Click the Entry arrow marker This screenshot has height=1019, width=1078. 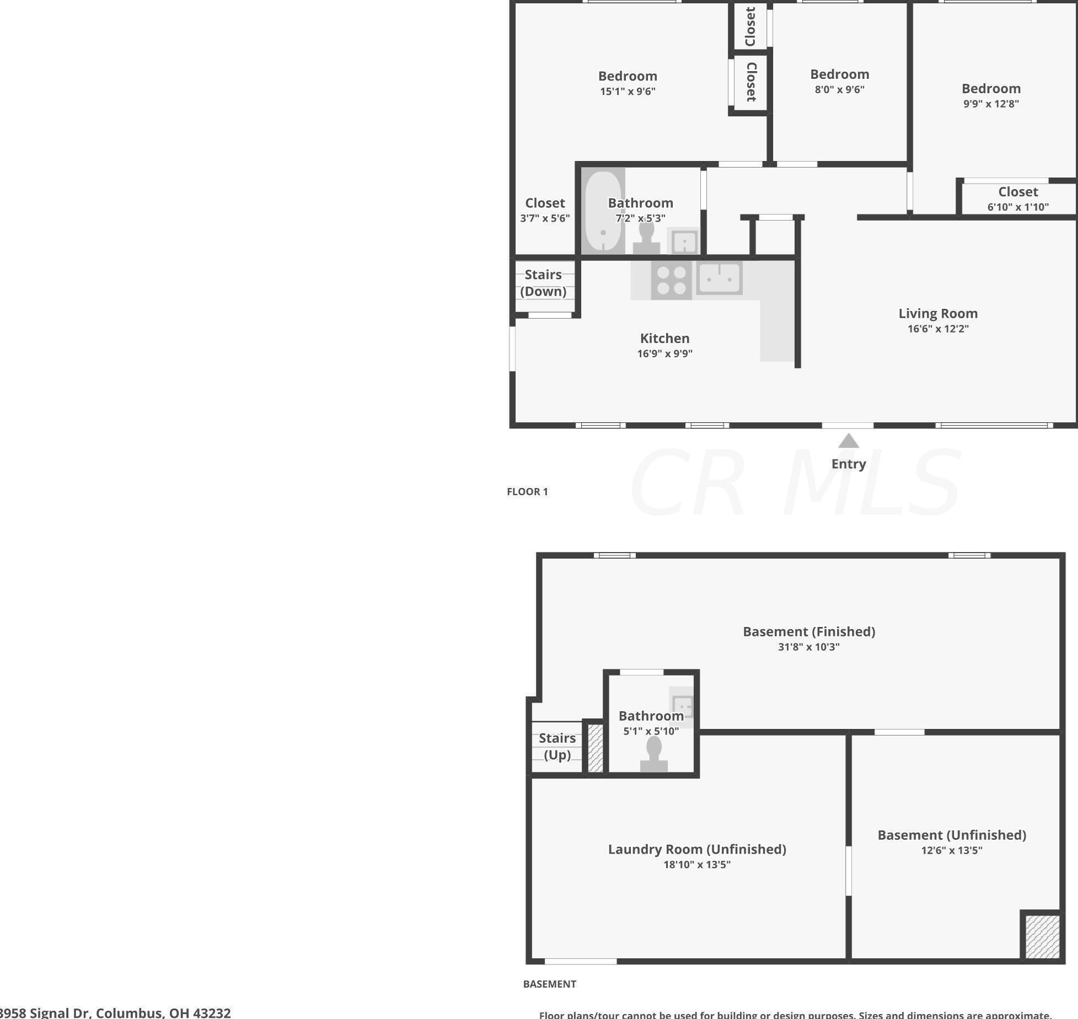848,441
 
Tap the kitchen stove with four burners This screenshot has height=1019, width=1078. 671,280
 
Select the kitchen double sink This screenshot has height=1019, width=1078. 719,278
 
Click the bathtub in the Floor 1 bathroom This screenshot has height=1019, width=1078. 603,212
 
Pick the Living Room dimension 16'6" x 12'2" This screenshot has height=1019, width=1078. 938,329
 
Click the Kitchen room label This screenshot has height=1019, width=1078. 664,338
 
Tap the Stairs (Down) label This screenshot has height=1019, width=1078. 544,283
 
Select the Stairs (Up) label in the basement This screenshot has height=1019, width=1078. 557,746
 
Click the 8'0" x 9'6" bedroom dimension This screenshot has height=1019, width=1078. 839,89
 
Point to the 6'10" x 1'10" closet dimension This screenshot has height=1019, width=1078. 1018,207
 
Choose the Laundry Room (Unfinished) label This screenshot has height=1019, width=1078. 697,849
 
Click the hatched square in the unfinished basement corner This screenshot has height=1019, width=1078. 1042,936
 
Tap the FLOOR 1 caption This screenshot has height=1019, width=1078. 527,491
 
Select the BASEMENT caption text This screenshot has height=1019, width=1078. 549,984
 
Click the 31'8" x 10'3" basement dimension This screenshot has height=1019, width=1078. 808,647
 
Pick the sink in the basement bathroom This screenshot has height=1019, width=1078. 683,706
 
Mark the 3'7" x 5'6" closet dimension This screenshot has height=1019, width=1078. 545,218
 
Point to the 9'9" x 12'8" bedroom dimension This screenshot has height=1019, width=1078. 991,104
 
